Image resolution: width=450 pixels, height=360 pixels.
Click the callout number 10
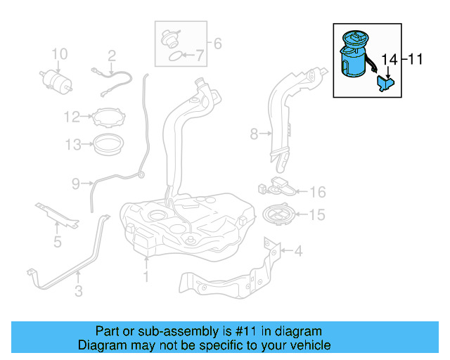coord(59,53)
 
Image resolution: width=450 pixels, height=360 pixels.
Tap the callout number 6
coord(217,44)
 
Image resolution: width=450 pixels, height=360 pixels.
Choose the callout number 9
coord(76,184)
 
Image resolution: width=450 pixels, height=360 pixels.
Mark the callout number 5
coord(57,243)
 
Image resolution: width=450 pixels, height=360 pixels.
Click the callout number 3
coord(79,289)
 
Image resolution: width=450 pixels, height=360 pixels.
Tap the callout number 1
coord(146,276)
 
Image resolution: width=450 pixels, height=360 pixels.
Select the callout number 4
coord(298,250)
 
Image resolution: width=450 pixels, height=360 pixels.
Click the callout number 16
coord(318,192)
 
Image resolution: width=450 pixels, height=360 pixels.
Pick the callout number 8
coord(254,131)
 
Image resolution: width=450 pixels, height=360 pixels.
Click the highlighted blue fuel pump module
coord(356,56)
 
